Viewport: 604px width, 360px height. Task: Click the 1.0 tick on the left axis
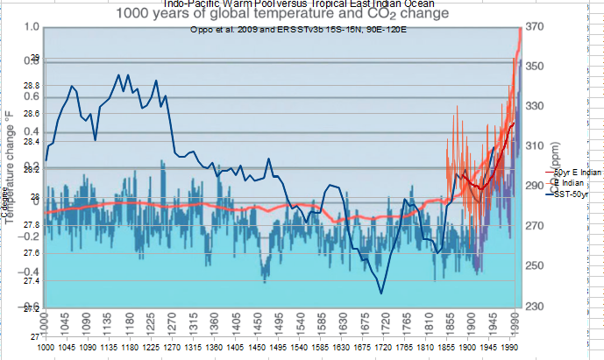click(30, 27)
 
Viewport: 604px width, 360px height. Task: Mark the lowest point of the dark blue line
click(381, 293)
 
